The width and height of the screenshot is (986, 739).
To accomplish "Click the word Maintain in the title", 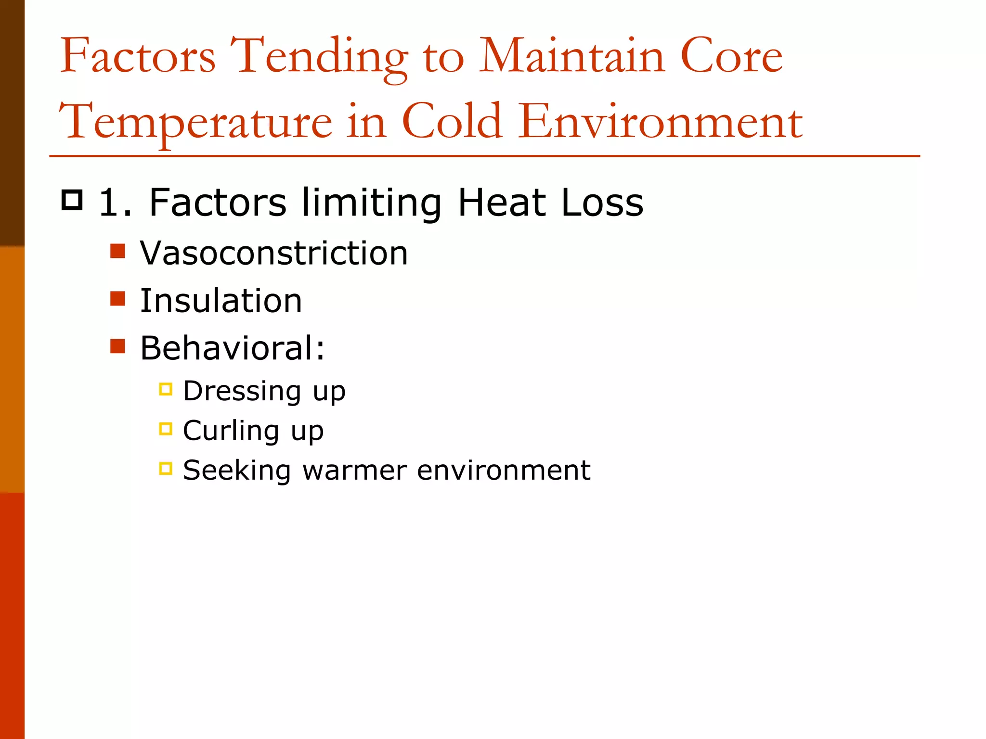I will [572, 57].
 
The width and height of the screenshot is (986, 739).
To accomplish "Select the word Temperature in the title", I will [195, 122].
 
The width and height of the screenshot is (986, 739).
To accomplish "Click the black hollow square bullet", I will [72, 200].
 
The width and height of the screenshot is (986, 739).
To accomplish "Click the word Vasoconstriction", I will [273, 253].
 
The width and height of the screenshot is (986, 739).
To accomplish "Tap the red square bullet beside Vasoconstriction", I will [117, 251].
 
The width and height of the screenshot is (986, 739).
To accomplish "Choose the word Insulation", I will [221, 301].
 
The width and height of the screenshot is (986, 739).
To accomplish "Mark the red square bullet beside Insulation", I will [117, 298].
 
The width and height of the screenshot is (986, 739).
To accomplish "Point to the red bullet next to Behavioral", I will [117, 346].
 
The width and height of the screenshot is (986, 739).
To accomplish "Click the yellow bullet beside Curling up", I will [166, 428].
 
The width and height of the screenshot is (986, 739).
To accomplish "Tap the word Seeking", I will [237, 470].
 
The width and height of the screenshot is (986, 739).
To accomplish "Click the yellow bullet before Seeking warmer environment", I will [166, 468].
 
